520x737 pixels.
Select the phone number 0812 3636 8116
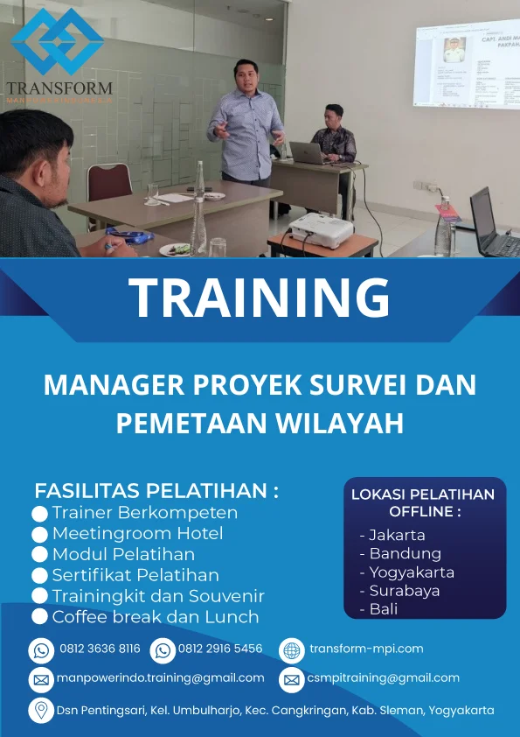click(x=100, y=649)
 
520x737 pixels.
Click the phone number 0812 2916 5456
click(x=220, y=649)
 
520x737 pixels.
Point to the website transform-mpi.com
click(x=366, y=649)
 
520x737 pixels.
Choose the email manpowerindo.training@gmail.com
click(x=161, y=677)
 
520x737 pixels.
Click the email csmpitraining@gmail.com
click(x=383, y=677)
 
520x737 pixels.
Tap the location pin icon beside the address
click(x=41, y=710)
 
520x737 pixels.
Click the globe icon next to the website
click(x=291, y=649)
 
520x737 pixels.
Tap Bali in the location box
click(x=384, y=609)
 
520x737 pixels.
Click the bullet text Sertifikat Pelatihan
click(x=135, y=575)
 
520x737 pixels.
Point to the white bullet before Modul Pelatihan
click(x=39, y=555)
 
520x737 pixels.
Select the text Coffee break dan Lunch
click(x=156, y=617)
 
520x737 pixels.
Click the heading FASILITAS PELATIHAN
click(x=156, y=490)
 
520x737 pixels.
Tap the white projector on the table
click(x=321, y=228)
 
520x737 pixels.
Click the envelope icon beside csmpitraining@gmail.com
click(x=291, y=678)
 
